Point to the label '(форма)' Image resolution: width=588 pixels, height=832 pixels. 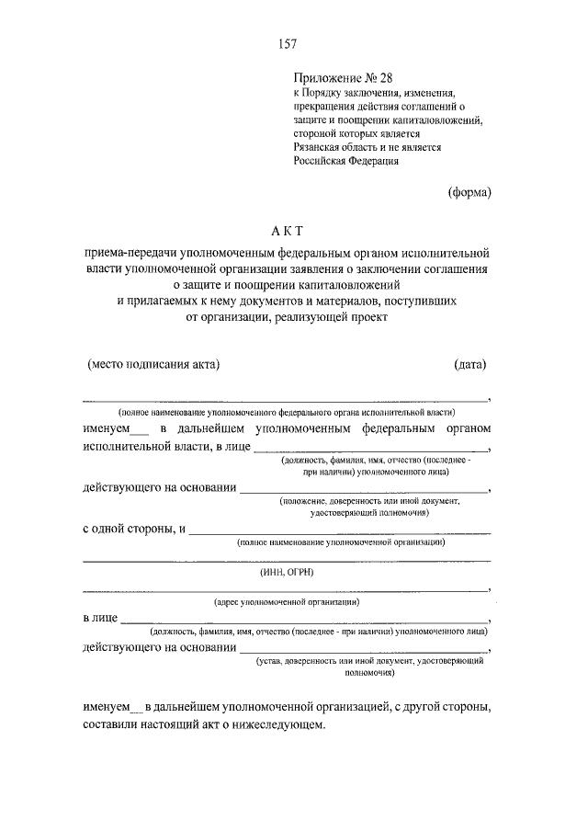[x=470, y=192]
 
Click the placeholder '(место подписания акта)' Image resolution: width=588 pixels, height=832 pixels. [x=153, y=364]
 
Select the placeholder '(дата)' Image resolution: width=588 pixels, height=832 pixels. [x=469, y=364]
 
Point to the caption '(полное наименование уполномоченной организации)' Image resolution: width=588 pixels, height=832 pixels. [x=341, y=543]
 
